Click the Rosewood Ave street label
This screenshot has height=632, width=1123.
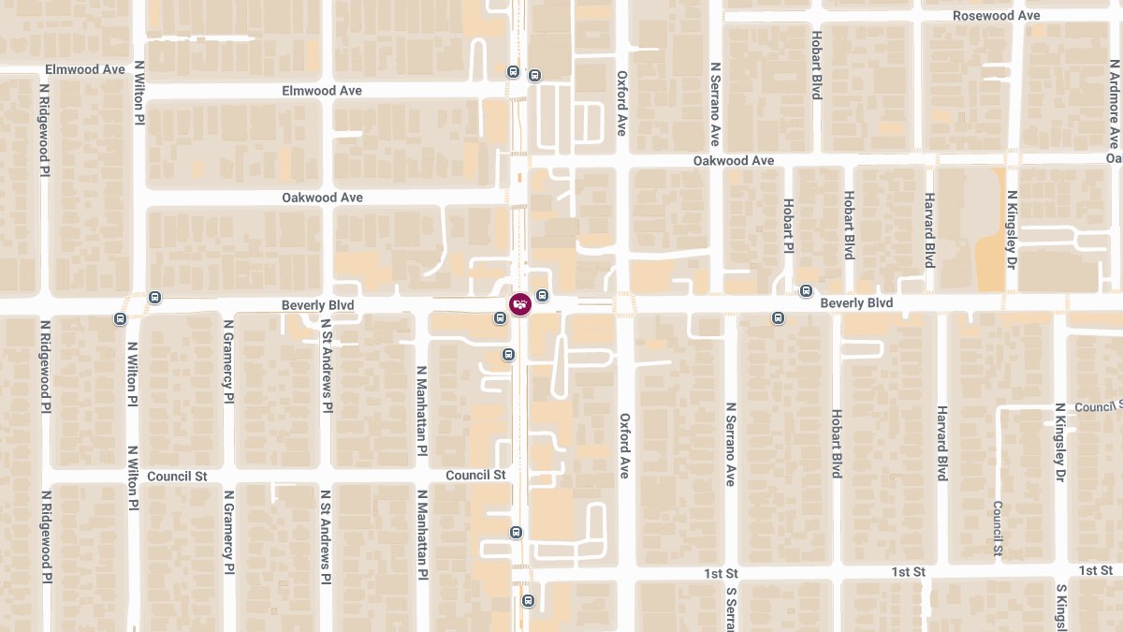tap(996, 16)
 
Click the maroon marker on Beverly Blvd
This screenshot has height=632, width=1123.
tap(519, 303)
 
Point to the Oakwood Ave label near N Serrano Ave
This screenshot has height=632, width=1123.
tap(734, 161)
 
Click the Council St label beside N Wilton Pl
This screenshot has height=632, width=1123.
tap(177, 476)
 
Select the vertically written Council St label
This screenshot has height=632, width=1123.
tap(999, 529)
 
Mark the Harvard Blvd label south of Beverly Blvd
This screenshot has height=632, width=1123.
tap(942, 444)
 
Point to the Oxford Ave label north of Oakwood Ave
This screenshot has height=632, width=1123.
tap(621, 102)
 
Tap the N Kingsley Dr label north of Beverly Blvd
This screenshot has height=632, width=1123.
tap(1012, 229)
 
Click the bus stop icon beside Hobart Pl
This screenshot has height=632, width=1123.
tap(806, 291)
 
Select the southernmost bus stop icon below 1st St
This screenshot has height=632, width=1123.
tap(529, 600)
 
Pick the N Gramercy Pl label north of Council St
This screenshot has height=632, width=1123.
tap(227, 360)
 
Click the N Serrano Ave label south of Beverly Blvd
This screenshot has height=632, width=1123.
tap(730, 444)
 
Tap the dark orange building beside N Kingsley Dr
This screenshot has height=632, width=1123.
tap(990, 262)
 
